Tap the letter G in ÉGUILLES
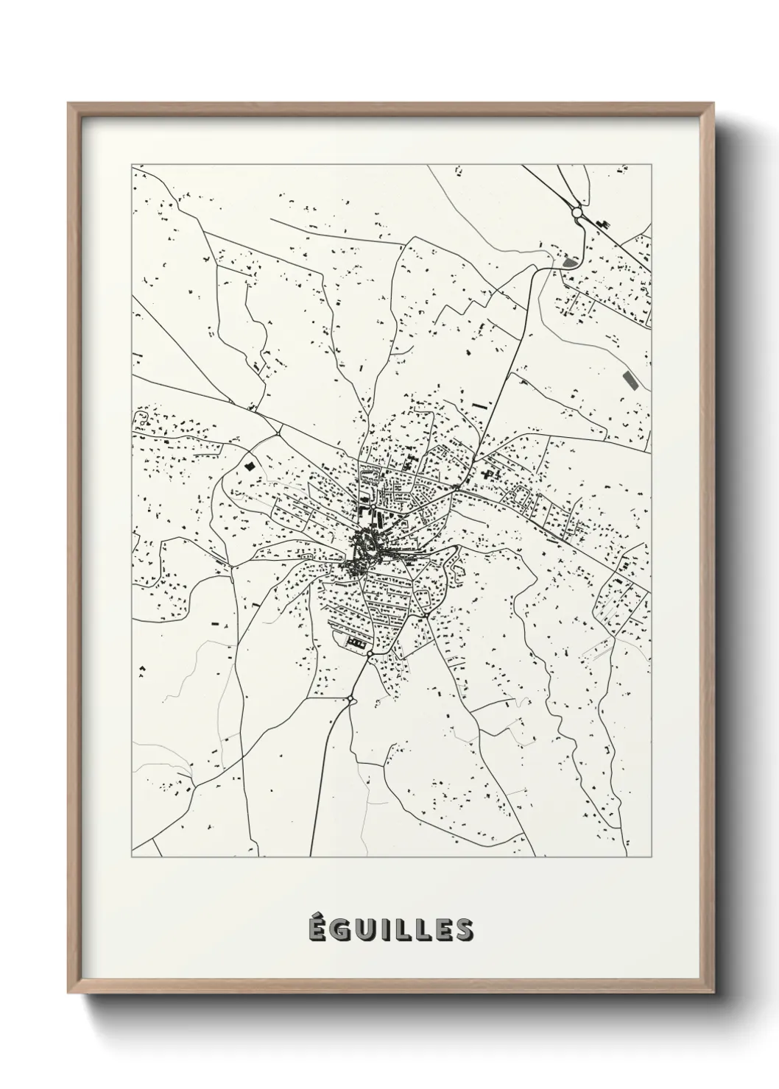click(339, 930)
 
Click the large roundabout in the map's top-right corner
click(577, 213)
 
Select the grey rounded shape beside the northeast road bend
click(568, 261)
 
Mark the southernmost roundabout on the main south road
click(351, 699)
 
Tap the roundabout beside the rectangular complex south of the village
click(370, 653)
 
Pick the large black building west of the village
click(250, 466)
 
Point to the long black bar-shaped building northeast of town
click(479, 405)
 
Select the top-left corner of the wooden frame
click(68, 104)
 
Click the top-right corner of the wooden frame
click(713, 104)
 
